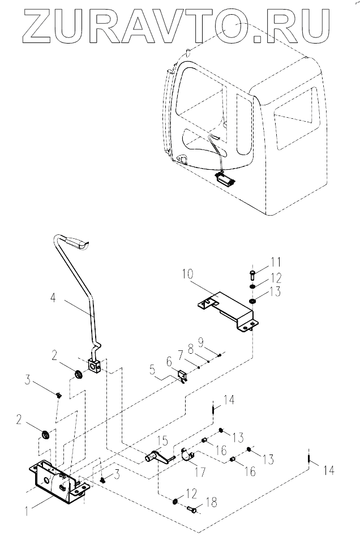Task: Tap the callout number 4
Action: [x=53, y=298]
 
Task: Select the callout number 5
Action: [x=152, y=370]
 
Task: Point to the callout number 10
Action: [x=188, y=274]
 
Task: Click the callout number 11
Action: [x=276, y=263]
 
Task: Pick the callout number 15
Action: [x=163, y=441]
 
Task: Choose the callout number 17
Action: [x=200, y=471]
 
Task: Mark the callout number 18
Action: [x=211, y=502]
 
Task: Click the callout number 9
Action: [x=201, y=341]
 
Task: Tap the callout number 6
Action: [x=169, y=361]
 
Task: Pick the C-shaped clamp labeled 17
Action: [x=186, y=455]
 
